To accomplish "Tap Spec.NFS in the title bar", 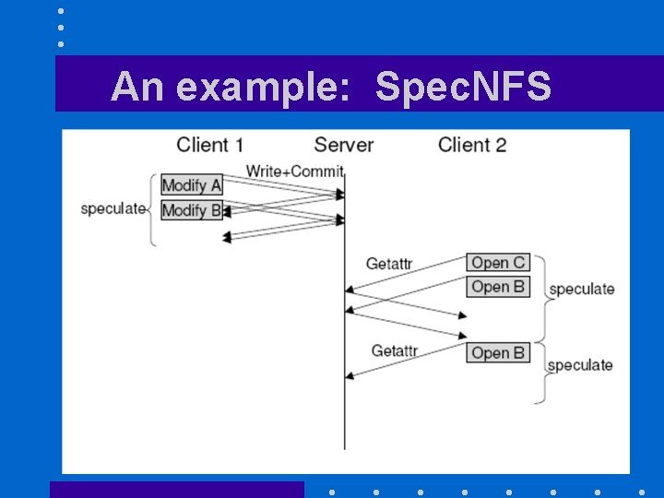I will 464,88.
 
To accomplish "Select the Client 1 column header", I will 209,145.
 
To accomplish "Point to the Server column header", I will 343,145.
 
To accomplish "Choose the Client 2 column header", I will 472,145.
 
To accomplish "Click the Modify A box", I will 192,184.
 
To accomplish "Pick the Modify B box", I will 192,210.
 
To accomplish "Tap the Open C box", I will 498,263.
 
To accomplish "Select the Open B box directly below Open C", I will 498,287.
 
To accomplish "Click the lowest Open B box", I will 498,353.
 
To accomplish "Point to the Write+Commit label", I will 294,171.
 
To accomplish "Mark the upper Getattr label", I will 388,264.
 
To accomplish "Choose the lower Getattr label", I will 394,350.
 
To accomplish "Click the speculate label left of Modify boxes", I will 113,208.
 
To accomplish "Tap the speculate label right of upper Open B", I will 581,290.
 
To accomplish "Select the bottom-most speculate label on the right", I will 579,365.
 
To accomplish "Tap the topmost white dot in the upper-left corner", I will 61,11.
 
